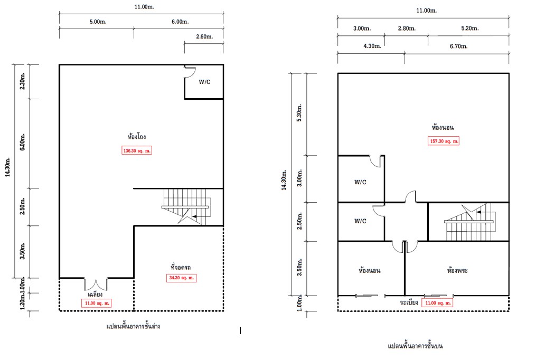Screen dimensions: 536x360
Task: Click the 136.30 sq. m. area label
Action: coord(137,150)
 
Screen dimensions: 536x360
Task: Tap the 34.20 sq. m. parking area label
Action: coord(181,278)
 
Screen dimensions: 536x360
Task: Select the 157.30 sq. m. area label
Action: coord(444,141)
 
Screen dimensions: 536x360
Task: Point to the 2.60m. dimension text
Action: coord(204,36)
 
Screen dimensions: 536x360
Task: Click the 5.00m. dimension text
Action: coord(98,22)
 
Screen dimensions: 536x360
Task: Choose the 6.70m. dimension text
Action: coord(459,46)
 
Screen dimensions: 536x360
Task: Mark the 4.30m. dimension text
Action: coord(372,46)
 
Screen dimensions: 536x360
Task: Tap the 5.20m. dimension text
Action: coord(470,29)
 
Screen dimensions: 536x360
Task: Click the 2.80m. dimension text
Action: coord(407,29)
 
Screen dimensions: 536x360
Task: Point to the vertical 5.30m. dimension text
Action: coord(299,113)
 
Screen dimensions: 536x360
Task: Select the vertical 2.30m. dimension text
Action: coord(22,81)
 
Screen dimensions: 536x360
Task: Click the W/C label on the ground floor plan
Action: coord(205,82)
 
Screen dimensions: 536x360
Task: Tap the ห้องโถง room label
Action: coord(137,137)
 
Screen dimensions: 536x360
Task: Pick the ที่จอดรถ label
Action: coord(181,267)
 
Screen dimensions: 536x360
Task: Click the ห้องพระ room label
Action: coord(457,270)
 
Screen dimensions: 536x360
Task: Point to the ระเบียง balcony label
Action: coord(409,302)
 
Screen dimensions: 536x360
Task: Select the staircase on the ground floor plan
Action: coord(186,207)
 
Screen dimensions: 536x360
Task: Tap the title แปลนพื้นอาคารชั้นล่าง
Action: coord(133,327)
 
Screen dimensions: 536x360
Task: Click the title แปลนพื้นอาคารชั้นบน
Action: coord(415,346)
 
